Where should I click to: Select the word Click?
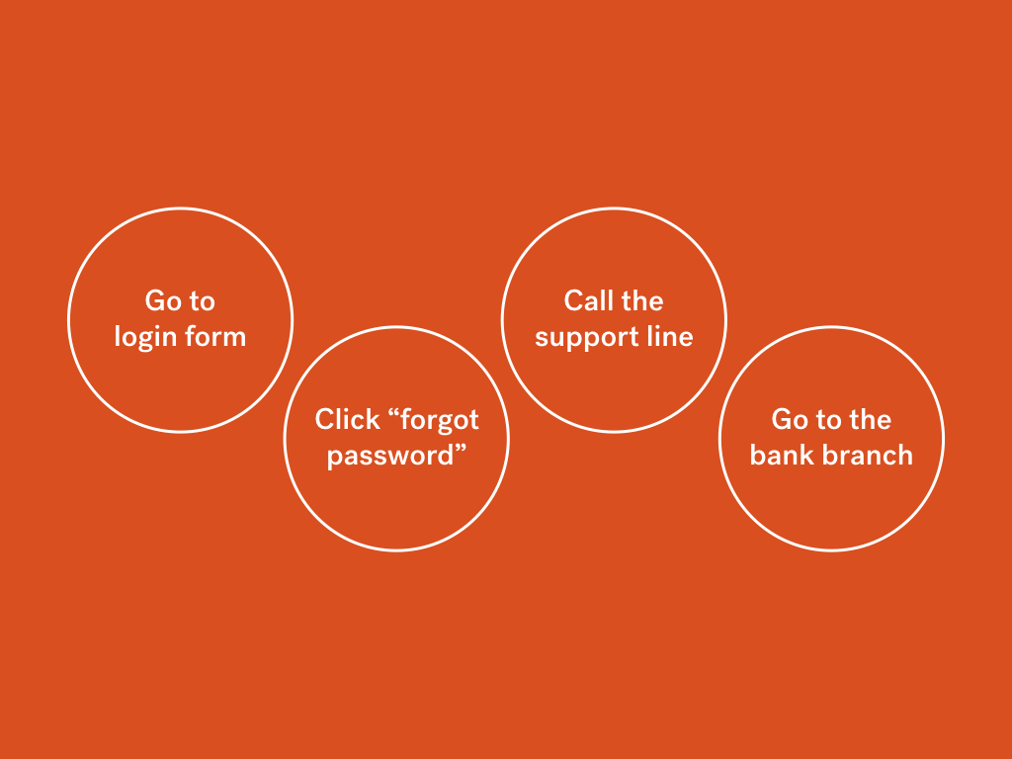pyautogui.click(x=347, y=419)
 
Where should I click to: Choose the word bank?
pyautogui.click(x=782, y=455)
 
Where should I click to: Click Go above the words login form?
pyautogui.click(x=162, y=301)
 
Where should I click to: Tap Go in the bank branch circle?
pyautogui.click(x=789, y=420)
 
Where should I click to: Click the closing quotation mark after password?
pyautogui.click(x=461, y=450)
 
